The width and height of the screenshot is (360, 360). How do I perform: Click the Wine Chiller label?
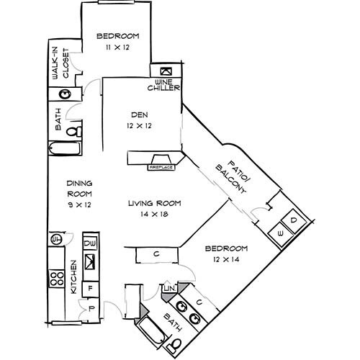[x=163, y=85]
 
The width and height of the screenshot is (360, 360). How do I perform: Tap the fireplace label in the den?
[x=161, y=167]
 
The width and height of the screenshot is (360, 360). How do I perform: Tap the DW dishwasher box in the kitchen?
[x=91, y=244]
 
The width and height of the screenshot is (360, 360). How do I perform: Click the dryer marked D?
[x=293, y=219]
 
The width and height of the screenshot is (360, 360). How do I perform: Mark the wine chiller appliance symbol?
[x=164, y=71]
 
